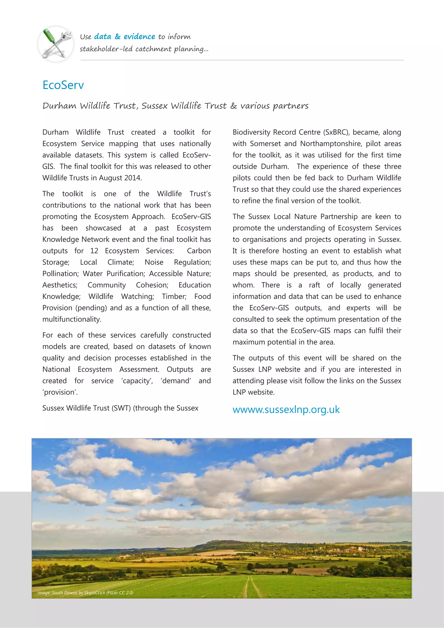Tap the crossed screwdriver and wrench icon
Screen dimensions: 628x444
tap(56, 44)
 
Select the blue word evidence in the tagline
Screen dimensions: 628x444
tap(139, 36)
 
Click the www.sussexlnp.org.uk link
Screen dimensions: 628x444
tap(286, 409)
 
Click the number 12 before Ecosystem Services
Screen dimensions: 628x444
tap(94, 251)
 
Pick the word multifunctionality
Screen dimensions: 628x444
tap(72, 320)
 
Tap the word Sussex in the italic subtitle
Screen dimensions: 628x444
tap(154, 106)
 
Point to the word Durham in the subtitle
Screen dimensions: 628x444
tap(59, 106)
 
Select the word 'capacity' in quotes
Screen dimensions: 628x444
tap(137, 381)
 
